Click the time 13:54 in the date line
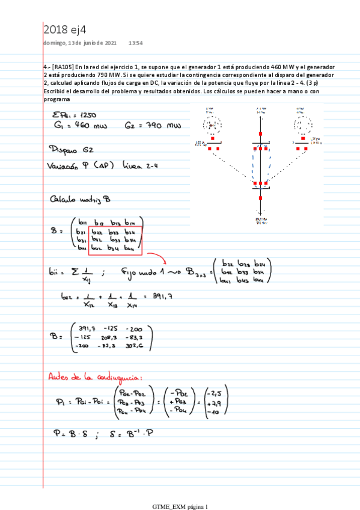point(136,43)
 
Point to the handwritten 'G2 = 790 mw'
point(153,125)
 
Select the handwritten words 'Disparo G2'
point(71,149)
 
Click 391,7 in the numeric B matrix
point(83,328)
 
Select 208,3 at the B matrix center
point(108,338)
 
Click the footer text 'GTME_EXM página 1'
point(180,507)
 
